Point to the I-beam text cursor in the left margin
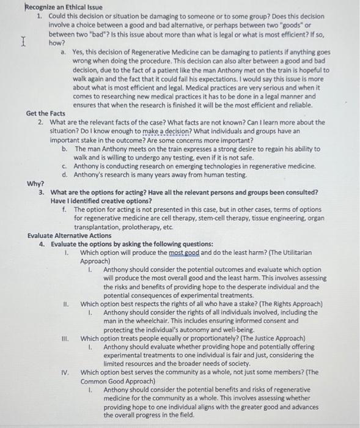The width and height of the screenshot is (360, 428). click(x=23, y=43)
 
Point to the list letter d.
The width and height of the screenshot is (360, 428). click(x=64, y=175)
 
